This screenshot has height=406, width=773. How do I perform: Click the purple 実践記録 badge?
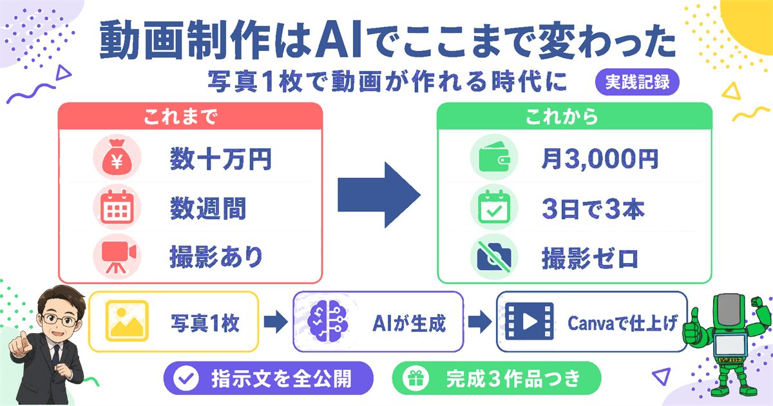pyautogui.click(x=637, y=82)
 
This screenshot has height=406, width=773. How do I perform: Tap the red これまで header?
pyautogui.click(x=191, y=117)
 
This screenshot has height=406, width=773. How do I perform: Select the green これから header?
pyautogui.click(x=574, y=117)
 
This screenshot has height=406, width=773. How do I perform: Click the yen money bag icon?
pyautogui.click(x=117, y=157)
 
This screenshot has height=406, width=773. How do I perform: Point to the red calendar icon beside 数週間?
pyautogui.click(x=117, y=207)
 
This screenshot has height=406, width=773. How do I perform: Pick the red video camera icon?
pyautogui.click(x=117, y=256)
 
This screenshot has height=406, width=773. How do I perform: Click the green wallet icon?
pyautogui.click(x=494, y=157)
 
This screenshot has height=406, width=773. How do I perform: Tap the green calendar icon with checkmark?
pyautogui.click(x=494, y=207)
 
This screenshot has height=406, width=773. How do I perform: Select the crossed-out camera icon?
pyautogui.click(x=494, y=256)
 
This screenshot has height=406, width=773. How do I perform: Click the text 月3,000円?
pyautogui.click(x=600, y=159)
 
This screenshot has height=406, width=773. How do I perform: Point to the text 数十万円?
pyautogui.click(x=221, y=159)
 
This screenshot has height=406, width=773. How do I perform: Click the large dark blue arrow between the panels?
pyautogui.click(x=379, y=195)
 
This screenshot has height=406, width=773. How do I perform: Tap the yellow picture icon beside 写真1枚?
pyautogui.click(x=127, y=321)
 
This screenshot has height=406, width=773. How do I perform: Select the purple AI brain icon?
pyautogui.click(x=327, y=321)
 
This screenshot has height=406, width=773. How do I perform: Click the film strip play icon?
pyautogui.click(x=529, y=321)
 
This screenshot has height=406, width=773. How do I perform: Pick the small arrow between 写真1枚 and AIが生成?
pyautogui.click(x=276, y=322)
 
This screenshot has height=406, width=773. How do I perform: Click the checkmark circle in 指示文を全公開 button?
pyautogui.click(x=186, y=378)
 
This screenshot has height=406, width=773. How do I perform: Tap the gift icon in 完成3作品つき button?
pyautogui.click(x=416, y=378)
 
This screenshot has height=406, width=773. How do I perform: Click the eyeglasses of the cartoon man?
pyautogui.click(x=60, y=320)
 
